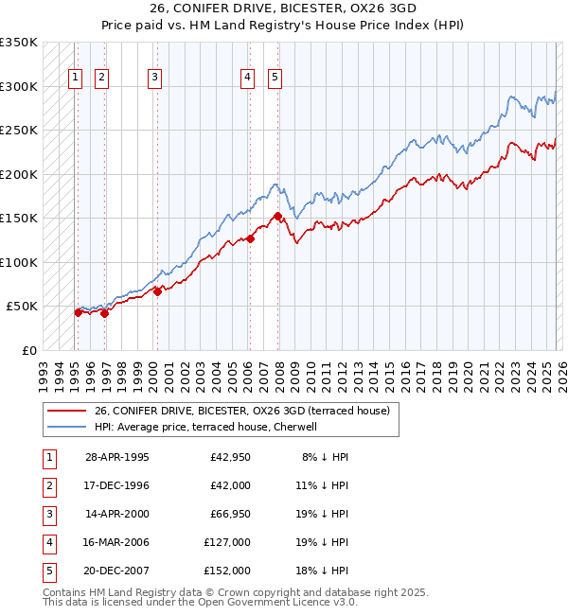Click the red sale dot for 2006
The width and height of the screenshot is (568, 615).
[251, 238]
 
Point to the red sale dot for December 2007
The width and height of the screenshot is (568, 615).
[277, 217]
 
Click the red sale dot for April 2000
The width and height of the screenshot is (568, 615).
[158, 291]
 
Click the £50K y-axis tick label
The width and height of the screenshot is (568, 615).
[22, 307]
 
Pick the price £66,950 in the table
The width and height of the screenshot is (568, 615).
[227, 514]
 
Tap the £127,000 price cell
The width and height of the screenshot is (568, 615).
[227, 542]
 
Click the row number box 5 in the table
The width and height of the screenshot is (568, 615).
[48, 571]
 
